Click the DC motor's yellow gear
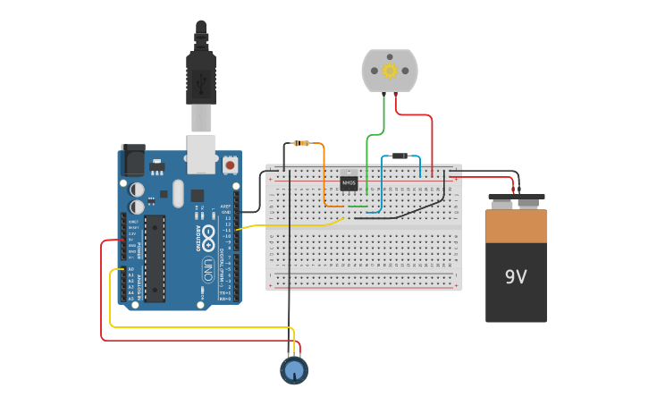(389, 71)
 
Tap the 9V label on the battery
(516, 276)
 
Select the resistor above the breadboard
(301, 143)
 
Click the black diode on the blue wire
(400, 156)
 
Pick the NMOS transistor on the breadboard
(349, 182)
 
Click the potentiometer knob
(293, 369)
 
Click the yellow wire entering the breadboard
(295, 224)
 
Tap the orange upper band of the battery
(516, 225)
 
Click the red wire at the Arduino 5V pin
(109, 240)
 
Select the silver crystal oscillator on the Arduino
(177, 193)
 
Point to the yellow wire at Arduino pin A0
(114, 269)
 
